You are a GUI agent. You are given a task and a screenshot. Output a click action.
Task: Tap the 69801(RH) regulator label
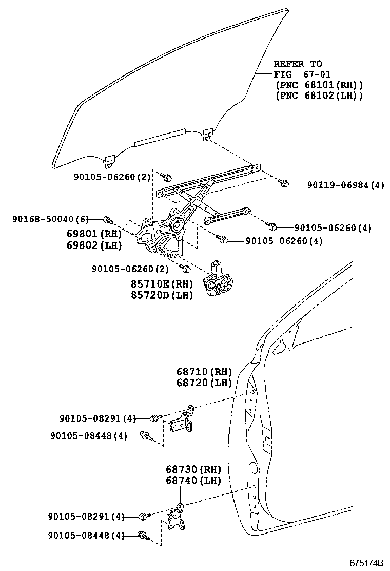coord(94,234)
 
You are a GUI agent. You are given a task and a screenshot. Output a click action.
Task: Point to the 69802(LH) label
coord(94,245)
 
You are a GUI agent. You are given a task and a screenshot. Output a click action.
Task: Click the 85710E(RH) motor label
coord(162,283)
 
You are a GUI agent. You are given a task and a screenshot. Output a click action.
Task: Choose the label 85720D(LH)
coord(162,295)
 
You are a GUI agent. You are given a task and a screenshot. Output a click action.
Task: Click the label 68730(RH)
coord(193,469)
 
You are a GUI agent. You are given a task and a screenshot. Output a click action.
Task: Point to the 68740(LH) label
coord(193,481)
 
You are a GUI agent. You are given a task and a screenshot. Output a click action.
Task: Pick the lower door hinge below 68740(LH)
coord(177,519)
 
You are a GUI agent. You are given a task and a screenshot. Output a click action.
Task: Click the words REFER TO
coord(298,64)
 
